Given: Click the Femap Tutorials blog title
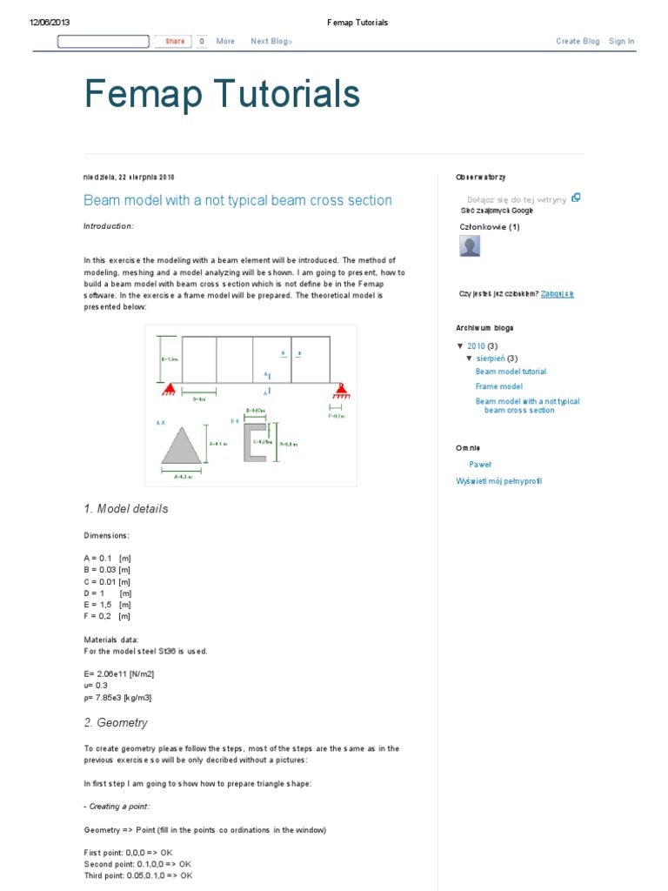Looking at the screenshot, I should click(x=222, y=94).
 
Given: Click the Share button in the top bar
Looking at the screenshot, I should click(x=174, y=41).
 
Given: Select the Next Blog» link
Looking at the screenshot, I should click(x=271, y=41).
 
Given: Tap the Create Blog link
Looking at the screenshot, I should click(x=578, y=41).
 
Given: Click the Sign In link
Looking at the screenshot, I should click(x=621, y=41).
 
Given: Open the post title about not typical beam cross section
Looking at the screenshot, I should click(x=237, y=200).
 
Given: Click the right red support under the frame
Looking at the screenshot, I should click(x=337, y=388).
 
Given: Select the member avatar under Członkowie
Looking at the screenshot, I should click(x=470, y=246).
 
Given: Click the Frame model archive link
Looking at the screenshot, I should click(x=498, y=386).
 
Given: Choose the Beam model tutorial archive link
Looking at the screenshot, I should click(x=511, y=372).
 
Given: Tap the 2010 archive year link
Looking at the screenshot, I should click(x=476, y=345).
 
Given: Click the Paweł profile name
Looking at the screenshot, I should click(x=480, y=465).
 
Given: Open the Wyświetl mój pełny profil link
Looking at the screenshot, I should click(x=498, y=481).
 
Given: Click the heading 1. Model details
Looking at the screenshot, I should click(x=126, y=509).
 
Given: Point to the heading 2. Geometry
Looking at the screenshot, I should click(x=116, y=723).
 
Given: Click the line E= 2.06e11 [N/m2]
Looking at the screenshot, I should click(x=118, y=673).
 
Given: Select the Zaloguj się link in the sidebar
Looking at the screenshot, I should click(x=557, y=294).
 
